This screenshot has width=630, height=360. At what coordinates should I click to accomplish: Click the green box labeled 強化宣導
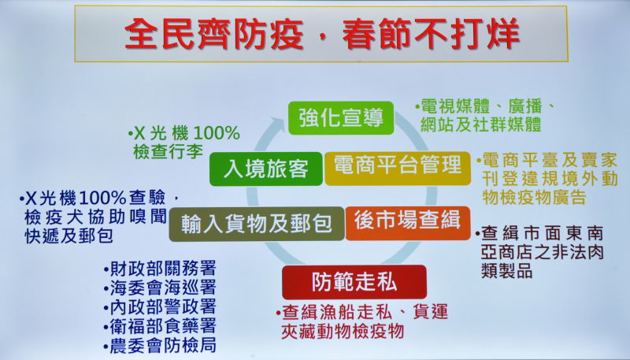click(x=341, y=117)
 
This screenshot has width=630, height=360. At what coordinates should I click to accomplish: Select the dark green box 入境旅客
click(x=266, y=169)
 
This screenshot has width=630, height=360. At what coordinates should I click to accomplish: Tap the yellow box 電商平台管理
click(x=398, y=169)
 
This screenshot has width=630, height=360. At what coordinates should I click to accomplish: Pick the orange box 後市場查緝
click(x=407, y=223)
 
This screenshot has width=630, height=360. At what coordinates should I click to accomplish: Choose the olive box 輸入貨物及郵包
click(x=257, y=224)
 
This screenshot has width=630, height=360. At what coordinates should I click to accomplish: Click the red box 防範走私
click(x=354, y=282)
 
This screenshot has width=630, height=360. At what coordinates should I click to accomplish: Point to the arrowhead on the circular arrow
click(x=278, y=124)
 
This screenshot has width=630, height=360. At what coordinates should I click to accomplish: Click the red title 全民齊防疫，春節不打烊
click(x=322, y=34)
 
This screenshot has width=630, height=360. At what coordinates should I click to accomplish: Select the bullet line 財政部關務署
click(x=160, y=269)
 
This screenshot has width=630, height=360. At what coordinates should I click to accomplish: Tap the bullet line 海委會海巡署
click(x=160, y=288)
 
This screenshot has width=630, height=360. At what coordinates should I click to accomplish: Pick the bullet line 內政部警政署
click(x=160, y=307)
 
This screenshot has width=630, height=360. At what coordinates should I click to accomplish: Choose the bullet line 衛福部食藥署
click(x=160, y=326)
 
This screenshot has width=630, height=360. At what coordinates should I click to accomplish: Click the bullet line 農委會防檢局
click(x=160, y=345)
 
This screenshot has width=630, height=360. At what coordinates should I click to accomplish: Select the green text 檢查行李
click(x=168, y=152)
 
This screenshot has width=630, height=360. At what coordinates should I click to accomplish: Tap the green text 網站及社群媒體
click(x=480, y=124)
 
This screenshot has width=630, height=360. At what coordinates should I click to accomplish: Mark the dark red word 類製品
click(x=506, y=271)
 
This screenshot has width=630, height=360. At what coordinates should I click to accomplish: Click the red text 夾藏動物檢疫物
click(x=343, y=332)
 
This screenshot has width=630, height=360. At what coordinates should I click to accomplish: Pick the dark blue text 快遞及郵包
click(x=69, y=236)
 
